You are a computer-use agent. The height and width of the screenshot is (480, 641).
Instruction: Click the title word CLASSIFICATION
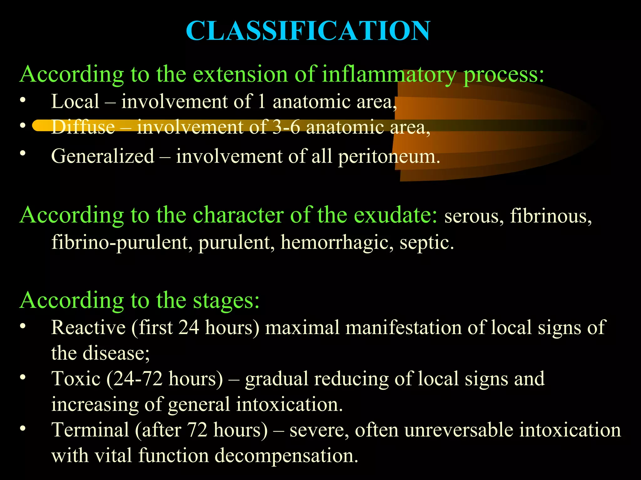tap(308, 31)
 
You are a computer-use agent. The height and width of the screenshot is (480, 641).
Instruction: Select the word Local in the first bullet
tap(75, 102)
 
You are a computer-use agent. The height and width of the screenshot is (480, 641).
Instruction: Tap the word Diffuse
tap(83, 127)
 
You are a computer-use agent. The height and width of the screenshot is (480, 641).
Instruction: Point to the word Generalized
tap(103, 156)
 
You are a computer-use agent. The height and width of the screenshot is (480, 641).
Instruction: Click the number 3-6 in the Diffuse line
tap(286, 127)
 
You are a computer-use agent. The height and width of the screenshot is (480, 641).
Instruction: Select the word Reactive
tap(88, 327)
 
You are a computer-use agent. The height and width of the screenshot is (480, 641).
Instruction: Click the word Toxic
tap(76, 379)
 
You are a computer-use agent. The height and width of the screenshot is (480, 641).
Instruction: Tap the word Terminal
tap(90, 430)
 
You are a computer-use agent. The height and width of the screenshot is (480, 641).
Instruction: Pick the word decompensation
tap(286, 456)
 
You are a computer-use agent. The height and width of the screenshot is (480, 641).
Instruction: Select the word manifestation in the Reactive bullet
tap(404, 327)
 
